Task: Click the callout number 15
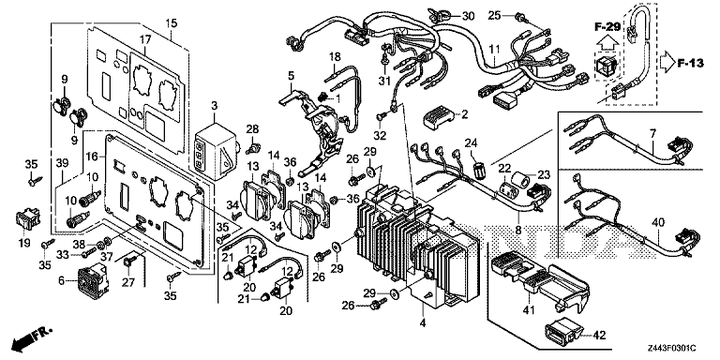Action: point(171,22)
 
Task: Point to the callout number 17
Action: point(145,38)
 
